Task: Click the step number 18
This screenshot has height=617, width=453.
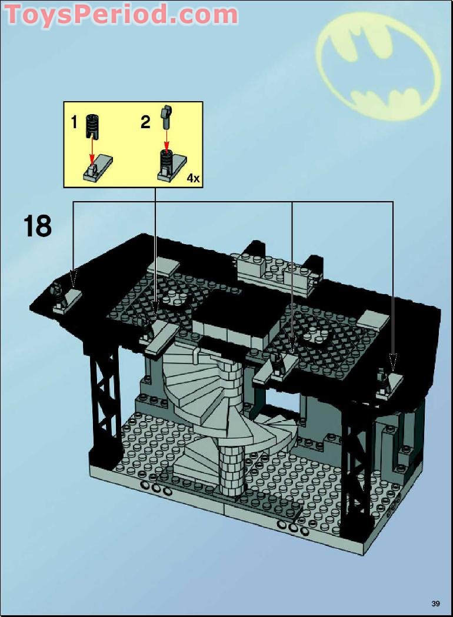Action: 38,226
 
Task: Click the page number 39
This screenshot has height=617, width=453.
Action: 435,603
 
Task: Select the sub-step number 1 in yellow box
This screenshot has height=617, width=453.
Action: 74,122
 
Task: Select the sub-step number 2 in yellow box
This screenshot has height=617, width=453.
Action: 145,122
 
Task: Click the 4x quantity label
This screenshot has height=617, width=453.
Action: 192,178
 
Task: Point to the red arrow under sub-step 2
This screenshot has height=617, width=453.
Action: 167,139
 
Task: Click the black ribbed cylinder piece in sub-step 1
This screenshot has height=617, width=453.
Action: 92,124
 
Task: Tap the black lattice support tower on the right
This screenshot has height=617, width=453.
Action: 355,465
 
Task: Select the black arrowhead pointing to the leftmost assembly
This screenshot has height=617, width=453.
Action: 74,278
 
